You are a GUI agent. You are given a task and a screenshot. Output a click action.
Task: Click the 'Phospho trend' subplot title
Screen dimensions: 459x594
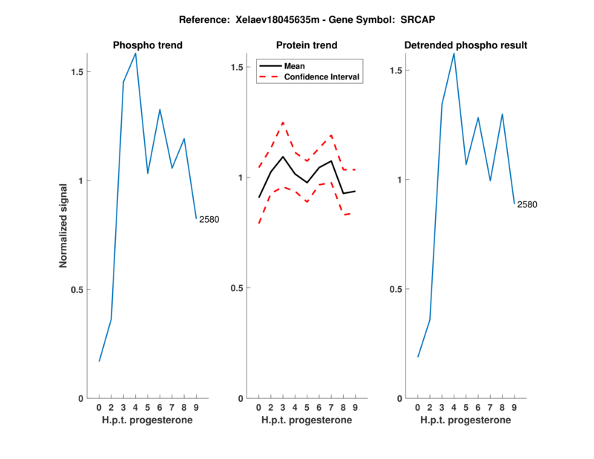pyautogui.click(x=147, y=45)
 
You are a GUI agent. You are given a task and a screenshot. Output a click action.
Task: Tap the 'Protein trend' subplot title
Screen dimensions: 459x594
pyautogui.click(x=307, y=45)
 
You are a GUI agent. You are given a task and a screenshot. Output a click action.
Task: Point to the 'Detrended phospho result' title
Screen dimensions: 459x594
pyautogui.click(x=466, y=45)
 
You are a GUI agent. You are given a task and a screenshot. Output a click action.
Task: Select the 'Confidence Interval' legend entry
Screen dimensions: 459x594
pyautogui.click(x=322, y=76)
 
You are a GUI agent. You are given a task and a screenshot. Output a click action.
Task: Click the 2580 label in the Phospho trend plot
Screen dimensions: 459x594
pyautogui.click(x=209, y=219)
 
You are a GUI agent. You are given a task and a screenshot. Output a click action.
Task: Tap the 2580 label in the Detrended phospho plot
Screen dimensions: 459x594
pyautogui.click(x=526, y=204)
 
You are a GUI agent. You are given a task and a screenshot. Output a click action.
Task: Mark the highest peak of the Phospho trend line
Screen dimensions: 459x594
pyautogui.click(x=135, y=53)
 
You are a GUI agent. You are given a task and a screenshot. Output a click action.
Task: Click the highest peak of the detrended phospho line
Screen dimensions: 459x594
pyautogui.click(x=454, y=53)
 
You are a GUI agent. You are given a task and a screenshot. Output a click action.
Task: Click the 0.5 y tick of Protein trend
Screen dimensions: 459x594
pyautogui.click(x=237, y=288)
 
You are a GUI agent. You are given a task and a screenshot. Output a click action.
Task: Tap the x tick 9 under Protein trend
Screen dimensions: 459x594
pyautogui.click(x=355, y=407)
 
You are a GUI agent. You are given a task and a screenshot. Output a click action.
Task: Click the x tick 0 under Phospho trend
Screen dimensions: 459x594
pyautogui.click(x=99, y=407)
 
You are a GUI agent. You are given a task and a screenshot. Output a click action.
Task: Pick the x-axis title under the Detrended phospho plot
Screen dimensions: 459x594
pyautogui.click(x=466, y=420)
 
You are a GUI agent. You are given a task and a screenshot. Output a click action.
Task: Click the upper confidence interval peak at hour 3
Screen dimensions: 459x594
pyautogui.click(x=283, y=123)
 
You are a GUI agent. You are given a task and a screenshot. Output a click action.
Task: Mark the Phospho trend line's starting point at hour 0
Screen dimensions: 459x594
pyautogui.click(x=99, y=361)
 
